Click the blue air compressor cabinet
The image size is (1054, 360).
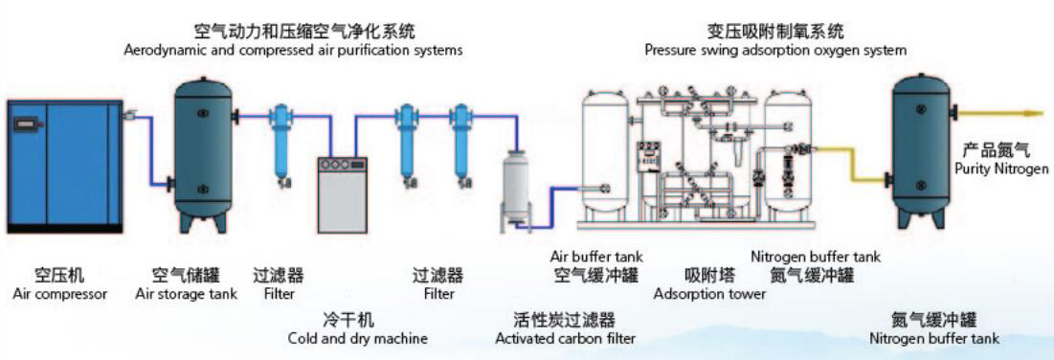[64, 167]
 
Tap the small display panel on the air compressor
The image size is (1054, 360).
[26, 124]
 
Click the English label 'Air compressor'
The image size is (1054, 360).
[59, 294]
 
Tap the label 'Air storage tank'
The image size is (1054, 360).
[187, 294]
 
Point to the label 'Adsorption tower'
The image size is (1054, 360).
[709, 294]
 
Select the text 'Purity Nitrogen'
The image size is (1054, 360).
[1001, 169]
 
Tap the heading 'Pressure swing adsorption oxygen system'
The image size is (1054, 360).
[775, 50]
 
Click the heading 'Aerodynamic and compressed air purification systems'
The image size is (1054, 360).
[294, 50]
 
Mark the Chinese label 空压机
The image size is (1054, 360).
[59, 275]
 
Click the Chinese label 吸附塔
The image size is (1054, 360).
[709, 275]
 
